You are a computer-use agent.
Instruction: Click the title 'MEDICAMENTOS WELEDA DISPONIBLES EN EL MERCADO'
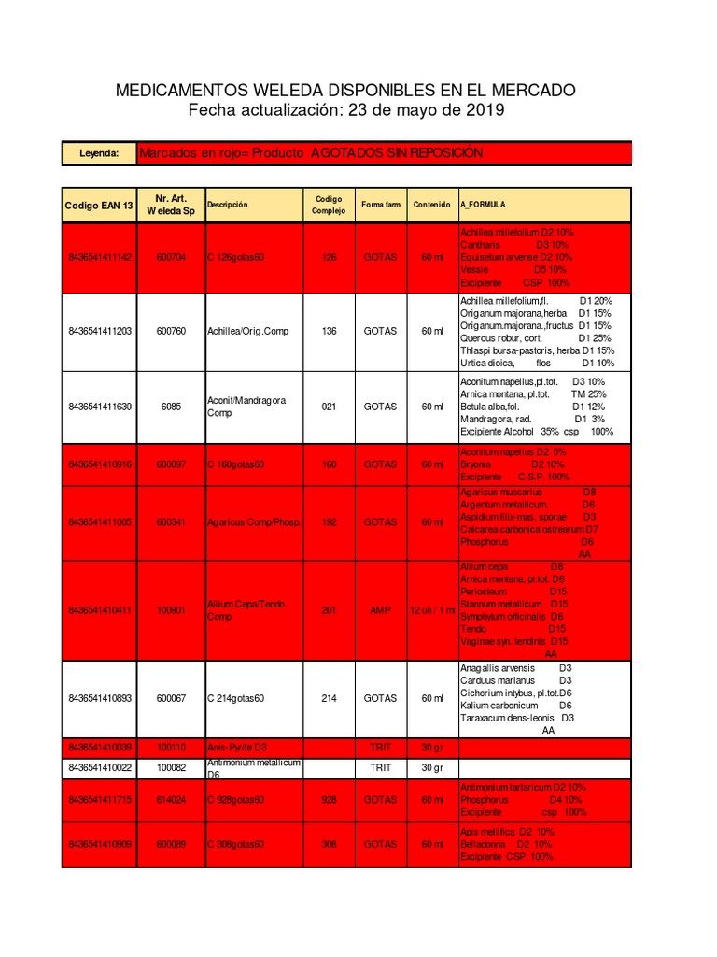(345, 91)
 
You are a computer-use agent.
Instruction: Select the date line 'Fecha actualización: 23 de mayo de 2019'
(345, 111)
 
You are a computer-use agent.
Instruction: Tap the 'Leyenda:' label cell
(99, 153)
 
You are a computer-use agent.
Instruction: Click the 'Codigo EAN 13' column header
(99, 205)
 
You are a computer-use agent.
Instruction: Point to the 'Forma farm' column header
(380, 205)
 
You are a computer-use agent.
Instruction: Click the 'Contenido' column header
(431, 205)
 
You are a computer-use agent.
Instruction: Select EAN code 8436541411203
(99, 331)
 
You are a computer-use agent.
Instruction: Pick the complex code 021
(329, 407)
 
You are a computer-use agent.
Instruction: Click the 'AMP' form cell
(380, 610)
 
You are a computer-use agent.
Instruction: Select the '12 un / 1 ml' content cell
(431, 610)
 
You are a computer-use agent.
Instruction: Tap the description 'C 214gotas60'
(237, 698)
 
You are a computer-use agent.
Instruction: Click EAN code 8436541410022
(99, 767)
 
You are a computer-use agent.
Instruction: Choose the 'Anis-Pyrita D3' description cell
(237, 748)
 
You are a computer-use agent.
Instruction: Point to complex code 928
(329, 800)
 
